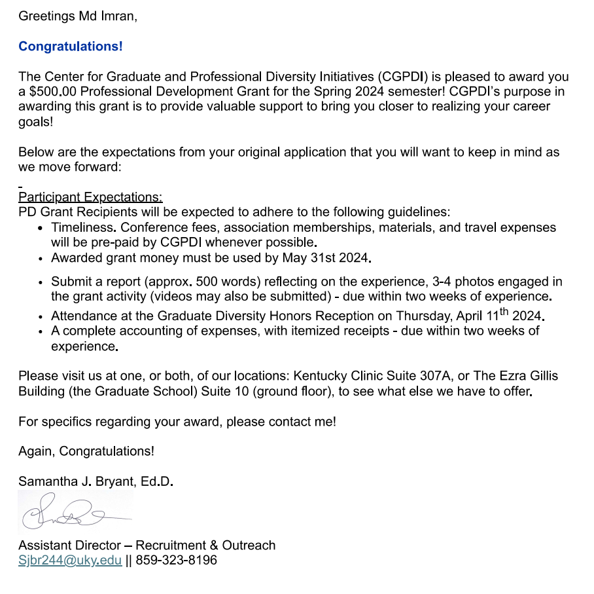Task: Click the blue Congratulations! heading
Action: (70, 46)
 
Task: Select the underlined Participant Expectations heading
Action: (90, 197)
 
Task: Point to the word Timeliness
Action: (83, 228)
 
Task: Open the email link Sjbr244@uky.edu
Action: (70, 561)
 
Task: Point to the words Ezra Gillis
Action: (528, 377)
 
